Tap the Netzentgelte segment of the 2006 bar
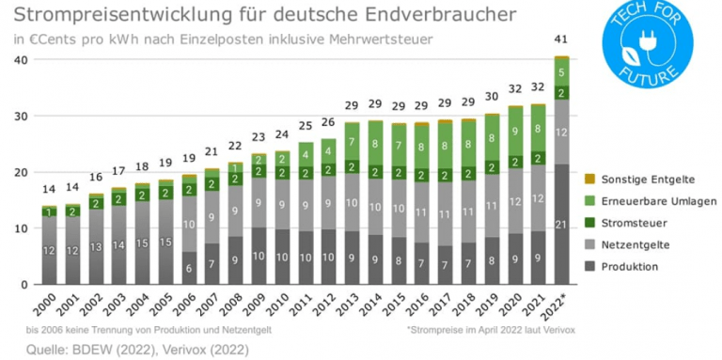point(190,224)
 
